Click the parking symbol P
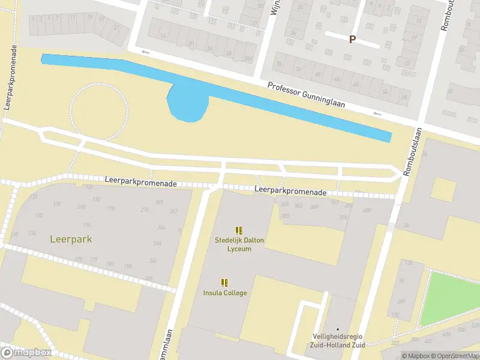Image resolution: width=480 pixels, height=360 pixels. tap(352, 39)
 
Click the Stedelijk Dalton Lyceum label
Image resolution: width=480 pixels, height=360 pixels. tap(239, 244)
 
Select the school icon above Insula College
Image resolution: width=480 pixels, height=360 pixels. tap(224, 283)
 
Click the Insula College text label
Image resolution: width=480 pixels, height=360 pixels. tap(224, 293)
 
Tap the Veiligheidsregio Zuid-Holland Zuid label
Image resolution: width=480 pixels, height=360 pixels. tap(338, 340)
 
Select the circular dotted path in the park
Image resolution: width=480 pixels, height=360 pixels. tap(99, 112)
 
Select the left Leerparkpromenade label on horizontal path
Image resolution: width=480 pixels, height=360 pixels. tap(140, 181)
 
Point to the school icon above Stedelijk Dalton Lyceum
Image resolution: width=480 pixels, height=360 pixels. tap(239, 230)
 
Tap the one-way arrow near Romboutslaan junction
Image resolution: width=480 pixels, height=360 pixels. tap(377, 113)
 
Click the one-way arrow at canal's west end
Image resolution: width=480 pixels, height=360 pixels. tap(144, 52)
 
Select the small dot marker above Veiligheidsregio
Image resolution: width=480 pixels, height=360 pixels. tap(338, 329)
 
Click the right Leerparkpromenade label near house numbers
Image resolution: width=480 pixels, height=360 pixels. tap(290, 191)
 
